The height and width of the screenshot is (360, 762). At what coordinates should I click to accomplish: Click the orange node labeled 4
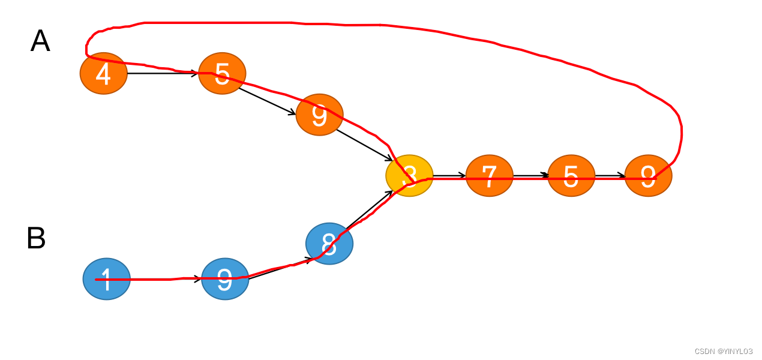(104, 73)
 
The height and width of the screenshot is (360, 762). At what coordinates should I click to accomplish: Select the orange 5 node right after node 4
(222, 73)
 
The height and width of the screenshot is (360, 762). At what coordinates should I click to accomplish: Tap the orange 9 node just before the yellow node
(319, 115)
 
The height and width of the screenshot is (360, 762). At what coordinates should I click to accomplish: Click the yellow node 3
(409, 175)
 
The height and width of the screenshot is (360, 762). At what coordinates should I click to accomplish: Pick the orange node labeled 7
(490, 175)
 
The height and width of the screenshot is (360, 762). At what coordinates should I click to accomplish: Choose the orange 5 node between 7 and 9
(571, 175)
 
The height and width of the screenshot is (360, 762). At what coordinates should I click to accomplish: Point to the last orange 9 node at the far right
(648, 175)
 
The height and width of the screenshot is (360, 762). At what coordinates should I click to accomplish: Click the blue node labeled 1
(107, 279)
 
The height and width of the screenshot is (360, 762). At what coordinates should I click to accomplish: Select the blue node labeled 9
(225, 279)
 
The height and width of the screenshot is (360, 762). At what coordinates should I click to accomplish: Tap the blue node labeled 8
(329, 244)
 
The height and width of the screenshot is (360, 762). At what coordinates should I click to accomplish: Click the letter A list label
(40, 41)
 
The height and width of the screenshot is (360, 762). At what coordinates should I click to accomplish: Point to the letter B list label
(36, 238)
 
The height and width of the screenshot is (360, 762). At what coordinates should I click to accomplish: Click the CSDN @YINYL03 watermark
(723, 351)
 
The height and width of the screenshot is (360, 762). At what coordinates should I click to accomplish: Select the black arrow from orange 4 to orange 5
(163, 73)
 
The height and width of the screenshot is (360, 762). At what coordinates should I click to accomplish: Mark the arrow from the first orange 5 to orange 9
(268, 101)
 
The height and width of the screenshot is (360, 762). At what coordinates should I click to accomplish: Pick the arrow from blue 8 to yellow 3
(369, 210)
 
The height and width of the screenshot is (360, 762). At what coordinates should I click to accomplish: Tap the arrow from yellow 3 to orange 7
(449, 176)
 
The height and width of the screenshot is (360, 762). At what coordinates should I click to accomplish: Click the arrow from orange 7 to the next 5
(530, 175)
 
